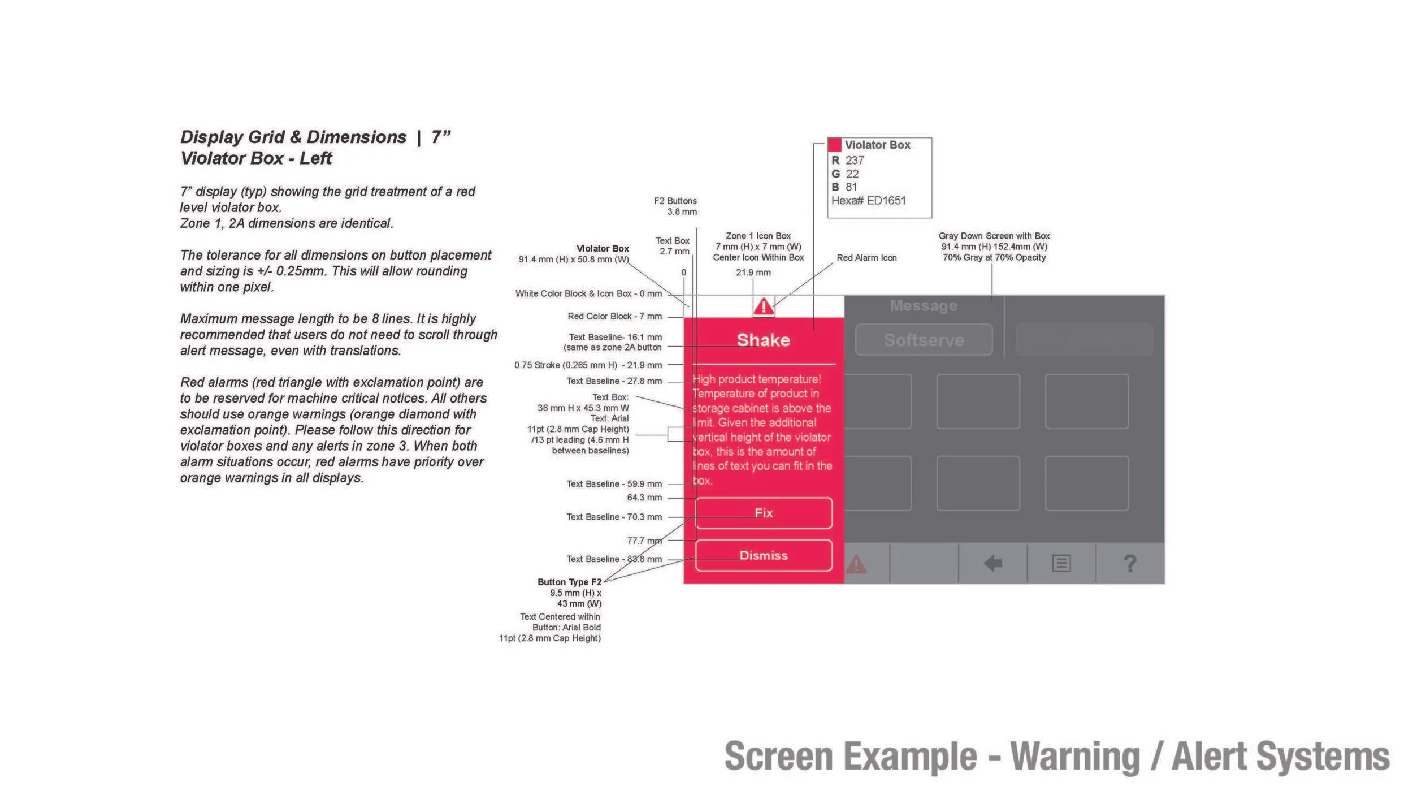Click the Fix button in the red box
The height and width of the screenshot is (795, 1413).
(764, 513)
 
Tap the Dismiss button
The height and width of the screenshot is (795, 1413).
(764, 555)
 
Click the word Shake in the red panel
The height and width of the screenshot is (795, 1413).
(763, 340)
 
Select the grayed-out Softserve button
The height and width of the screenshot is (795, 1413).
(924, 340)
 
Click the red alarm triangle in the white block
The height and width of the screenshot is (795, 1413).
(764, 306)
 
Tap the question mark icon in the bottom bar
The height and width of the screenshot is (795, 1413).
(1130, 563)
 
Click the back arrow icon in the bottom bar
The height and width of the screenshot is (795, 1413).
(992, 563)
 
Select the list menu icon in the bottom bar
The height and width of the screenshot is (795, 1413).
(1061, 563)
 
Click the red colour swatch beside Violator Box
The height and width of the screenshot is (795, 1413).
(835, 145)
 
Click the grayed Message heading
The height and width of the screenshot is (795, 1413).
(924, 306)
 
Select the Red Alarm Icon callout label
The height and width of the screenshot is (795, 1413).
(866, 258)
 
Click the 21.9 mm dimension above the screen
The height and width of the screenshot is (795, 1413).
(753, 273)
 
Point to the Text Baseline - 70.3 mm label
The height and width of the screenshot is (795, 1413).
(614, 517)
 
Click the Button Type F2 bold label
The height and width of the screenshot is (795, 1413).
(569, 582)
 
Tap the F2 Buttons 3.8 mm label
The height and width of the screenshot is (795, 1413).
(675, 206)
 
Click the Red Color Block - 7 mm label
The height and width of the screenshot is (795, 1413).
(614, 316)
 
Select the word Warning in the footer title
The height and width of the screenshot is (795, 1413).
(1075, 757)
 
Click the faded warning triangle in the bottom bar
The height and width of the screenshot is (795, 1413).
(856, 564)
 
